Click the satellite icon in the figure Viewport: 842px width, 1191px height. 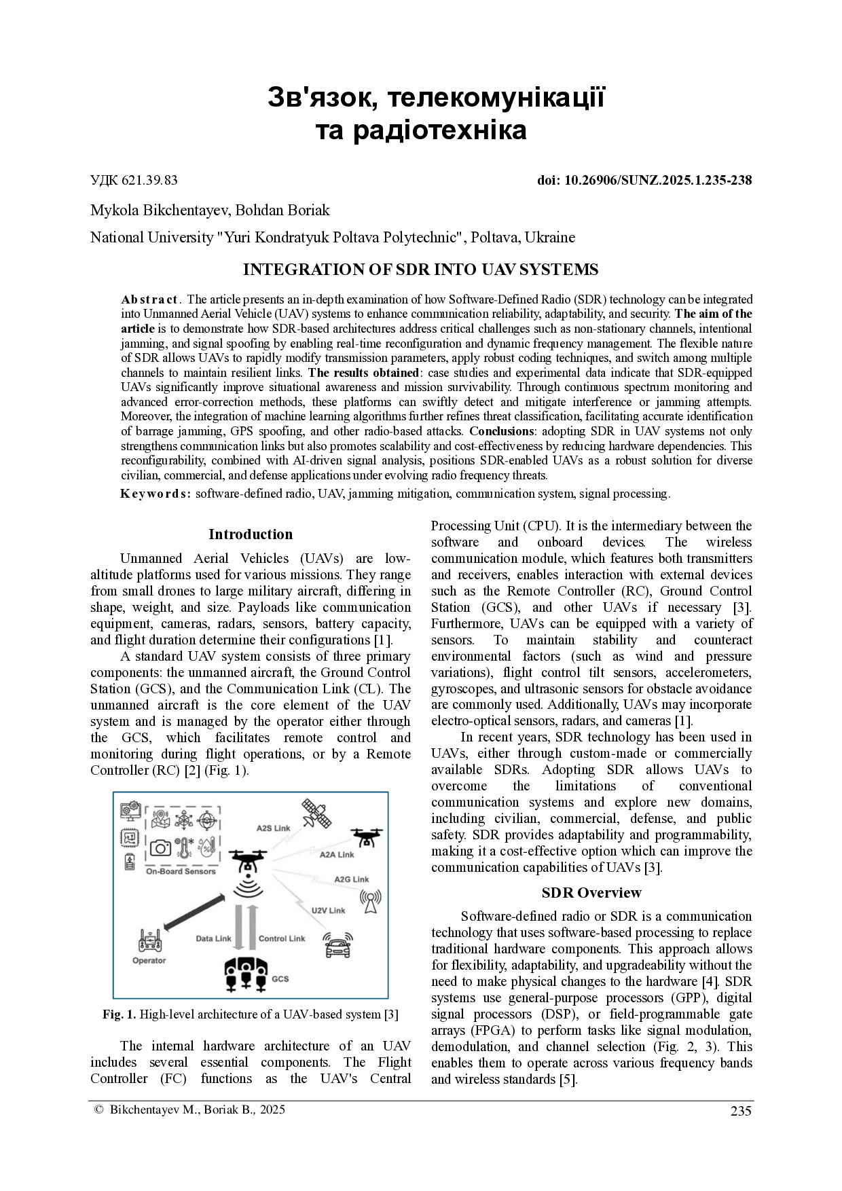coord(316,813)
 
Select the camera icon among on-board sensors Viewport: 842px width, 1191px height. coord(160,847)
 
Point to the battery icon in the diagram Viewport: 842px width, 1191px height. coord(129,862)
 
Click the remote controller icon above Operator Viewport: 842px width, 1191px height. coord(149,940)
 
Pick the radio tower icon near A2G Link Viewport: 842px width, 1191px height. coord(370,902)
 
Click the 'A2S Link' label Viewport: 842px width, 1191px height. coord(273,828)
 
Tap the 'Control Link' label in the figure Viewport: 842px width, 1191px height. coord(282,938)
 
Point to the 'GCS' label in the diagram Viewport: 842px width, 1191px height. coord(280,978)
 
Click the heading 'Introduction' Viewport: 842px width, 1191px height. coord(251,534)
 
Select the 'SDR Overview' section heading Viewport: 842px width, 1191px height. coord(591,892)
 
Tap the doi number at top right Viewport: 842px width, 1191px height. coord(644,180)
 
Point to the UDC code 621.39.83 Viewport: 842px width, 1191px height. coord(134,180)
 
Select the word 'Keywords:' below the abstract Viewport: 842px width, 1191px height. coord(155,494)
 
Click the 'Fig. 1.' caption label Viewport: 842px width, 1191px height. coord(119,1014)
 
